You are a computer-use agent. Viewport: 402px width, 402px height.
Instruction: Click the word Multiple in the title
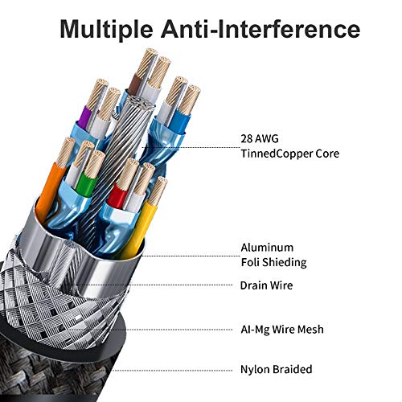pos(106,29)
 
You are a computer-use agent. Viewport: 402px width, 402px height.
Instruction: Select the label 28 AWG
pos(260,138)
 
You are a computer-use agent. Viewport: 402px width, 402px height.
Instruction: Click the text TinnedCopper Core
pos(290,154)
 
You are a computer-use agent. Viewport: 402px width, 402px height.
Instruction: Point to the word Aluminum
pos(267,248)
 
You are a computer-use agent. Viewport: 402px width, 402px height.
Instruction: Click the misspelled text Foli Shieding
pos(273,262)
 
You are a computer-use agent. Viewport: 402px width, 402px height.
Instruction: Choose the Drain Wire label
pos(266,285)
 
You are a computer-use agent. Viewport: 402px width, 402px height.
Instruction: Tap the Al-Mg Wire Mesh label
pos(282,330)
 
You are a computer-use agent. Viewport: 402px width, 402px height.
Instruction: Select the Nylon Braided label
pos(277,369)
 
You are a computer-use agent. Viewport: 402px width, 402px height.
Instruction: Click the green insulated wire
pos(86,185)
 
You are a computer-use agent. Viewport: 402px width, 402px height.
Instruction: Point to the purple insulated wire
pos(86,118)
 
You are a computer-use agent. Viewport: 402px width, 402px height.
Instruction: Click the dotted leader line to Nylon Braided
pos(172,371)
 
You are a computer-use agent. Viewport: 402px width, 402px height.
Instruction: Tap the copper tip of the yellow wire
pos(158,191)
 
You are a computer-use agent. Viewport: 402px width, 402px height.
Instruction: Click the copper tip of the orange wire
pos(66,152)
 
